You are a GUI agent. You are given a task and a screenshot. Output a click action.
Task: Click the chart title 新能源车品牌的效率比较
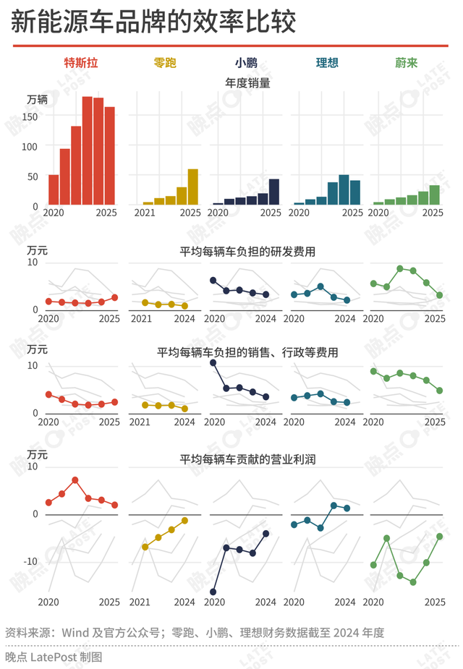[x=153, y=22]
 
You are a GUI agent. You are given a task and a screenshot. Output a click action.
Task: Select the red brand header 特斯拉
[x=81, y=63]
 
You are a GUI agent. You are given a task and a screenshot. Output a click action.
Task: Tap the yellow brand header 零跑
[x=165, y=63]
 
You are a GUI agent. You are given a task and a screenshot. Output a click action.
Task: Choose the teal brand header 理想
[x=326, y=63]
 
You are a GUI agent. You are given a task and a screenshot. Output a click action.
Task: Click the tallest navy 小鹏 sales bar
[x=273, y=192]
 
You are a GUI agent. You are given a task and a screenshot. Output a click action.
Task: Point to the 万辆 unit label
[x=38, y=100]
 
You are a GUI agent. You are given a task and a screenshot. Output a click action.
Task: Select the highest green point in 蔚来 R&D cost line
[x=399, y=268]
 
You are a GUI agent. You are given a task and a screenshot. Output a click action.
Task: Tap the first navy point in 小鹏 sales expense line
[x=213, y=362]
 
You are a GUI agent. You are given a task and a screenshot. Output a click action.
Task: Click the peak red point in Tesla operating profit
[x=75, y=480]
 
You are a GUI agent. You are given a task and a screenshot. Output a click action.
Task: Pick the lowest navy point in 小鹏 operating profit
[x=213, y=592]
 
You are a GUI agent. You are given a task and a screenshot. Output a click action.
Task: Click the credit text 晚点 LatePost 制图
[x=54, y=657]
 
